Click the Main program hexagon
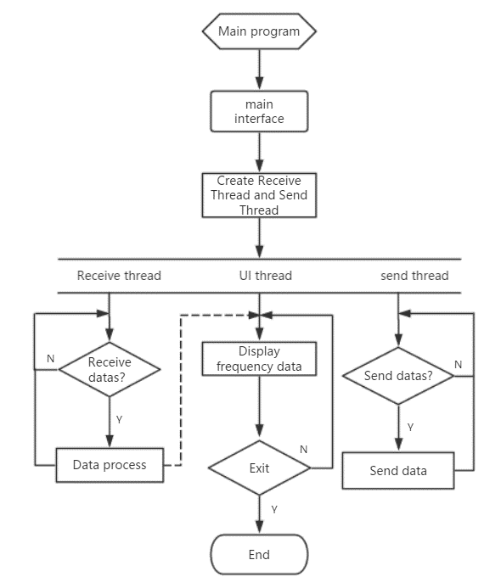click(259, 31)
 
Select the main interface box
click(259, 111)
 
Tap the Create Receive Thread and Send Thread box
click(259, 195)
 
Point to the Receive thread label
click(119, 276)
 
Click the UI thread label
click(265, 276)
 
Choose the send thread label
click(414, 276)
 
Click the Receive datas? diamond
click(110, 369)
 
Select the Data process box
click(110, 465)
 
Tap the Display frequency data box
click(259, 359)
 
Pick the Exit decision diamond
click(259, 468)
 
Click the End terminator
click(259, 554)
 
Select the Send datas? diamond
click(398, 376)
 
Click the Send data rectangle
click(398, 471)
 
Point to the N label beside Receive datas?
click(51, 359)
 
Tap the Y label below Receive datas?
click(120, 420)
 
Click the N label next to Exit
click(304, 449)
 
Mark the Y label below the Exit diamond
click(274, 510)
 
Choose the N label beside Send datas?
click(459, 365)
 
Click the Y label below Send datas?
click(410, 427)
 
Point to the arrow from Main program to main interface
click(259, 70)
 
